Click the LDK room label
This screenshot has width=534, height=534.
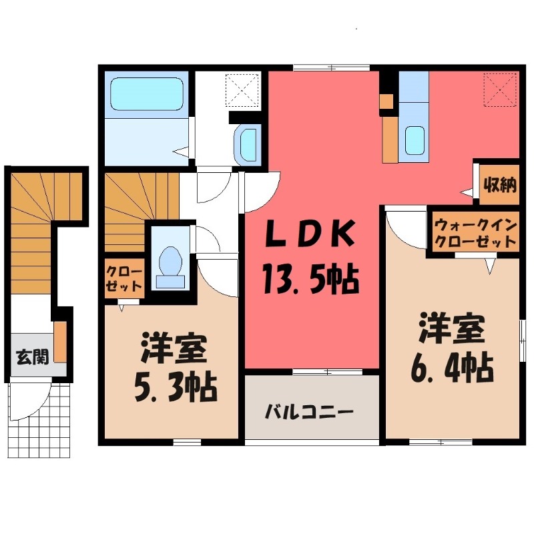tap(310, 235)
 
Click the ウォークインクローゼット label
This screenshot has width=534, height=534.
tap(476, 233)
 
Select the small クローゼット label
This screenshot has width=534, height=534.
tap(123, 279)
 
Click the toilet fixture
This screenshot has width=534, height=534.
tap(170, 268)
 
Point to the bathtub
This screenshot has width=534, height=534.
tap(147, 94)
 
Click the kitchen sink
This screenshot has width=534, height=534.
tap(415, 140)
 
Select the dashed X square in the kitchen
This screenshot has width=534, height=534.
tap(501, 89)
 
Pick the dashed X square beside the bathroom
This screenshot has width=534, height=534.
tap(242, 89)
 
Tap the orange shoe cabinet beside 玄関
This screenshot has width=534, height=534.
tap(60, 342)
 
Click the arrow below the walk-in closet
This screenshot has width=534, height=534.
tap(490, 266)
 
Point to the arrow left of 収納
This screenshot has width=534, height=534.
tap(467, 192)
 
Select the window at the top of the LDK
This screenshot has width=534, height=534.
tap(331, 68)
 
